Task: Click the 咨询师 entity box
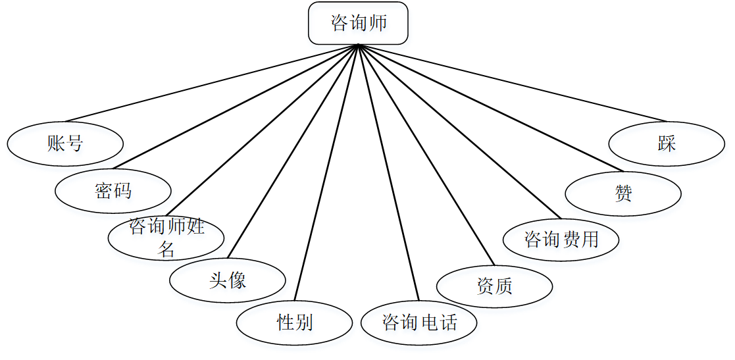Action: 359,23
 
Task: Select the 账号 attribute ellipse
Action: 65,143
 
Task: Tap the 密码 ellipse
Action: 113,191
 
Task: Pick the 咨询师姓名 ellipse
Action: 166,238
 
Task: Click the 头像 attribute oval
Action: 227,281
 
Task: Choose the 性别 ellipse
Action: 294,322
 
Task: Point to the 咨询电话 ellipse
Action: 418,322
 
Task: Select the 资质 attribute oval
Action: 494,286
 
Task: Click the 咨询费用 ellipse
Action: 561,239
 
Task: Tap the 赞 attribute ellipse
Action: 622,193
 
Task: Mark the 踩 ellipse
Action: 667,143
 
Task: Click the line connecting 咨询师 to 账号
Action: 211,84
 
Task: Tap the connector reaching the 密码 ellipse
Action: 237,106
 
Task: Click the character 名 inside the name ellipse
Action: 166,249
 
